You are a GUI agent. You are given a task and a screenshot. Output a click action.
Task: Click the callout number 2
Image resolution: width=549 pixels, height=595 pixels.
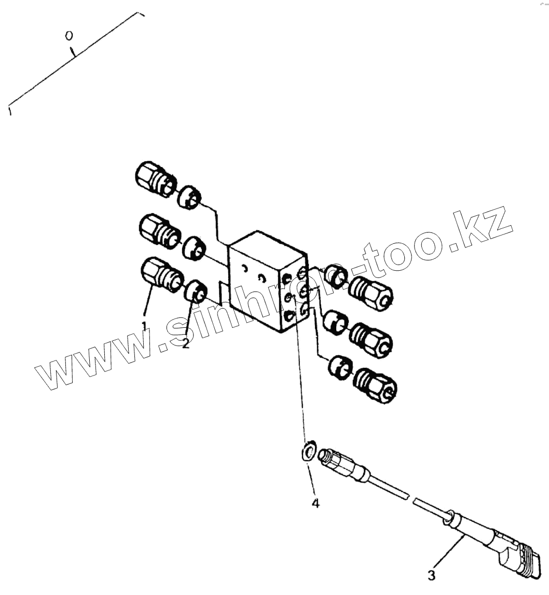click(x=186, y=344)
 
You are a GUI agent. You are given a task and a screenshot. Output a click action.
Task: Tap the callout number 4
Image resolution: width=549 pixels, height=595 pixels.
click(x=315, y=503)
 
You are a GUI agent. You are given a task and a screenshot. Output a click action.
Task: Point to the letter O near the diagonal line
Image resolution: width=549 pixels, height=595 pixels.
click(x=68, y=36)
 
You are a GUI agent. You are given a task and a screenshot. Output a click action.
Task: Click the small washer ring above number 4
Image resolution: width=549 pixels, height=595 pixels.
click(x=309, y=451)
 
